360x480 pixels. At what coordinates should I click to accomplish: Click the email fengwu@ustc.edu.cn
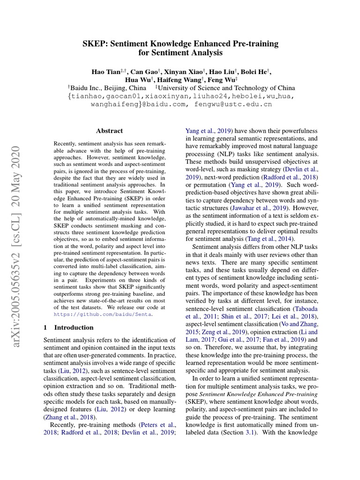click(x=231, y=104)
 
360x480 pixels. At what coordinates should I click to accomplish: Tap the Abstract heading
click(x=109, y=131)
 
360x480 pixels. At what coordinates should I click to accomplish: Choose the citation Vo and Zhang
click(x=300, y=323)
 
